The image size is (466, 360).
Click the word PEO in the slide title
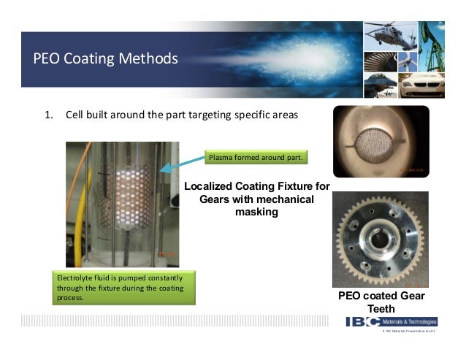[x=45, y=58]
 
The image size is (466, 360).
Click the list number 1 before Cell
[x=49, y=115]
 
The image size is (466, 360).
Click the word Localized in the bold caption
[x=211, y=187]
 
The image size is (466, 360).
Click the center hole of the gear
[x=381, y=239]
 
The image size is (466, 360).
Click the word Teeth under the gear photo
[x=381, y=310]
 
